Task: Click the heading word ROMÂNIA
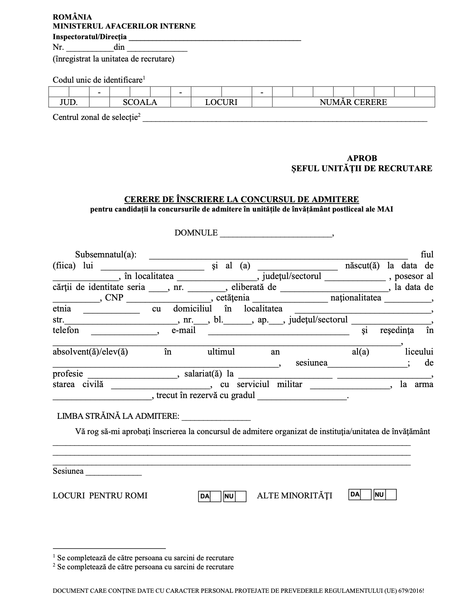[73, 17]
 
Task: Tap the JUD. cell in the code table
[69, 102]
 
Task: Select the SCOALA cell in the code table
[140, 102]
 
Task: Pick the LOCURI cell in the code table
[221, 102]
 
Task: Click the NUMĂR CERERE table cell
[353, 102]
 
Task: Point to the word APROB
[362, 158]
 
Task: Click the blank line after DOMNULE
[276, 234]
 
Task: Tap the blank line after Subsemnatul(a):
[278, 256]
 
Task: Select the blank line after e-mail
[278, 332]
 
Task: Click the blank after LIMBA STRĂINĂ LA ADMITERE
[216, 417]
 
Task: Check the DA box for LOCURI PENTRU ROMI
[216, 496]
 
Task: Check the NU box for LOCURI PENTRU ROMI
[241, 496]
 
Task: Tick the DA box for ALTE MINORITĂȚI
[366, 494]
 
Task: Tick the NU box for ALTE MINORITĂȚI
[391, 494]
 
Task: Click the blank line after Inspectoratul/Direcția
[215, 38]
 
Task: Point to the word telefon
[66, 330]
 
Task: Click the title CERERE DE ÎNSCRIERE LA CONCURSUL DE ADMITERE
[241, 199]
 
